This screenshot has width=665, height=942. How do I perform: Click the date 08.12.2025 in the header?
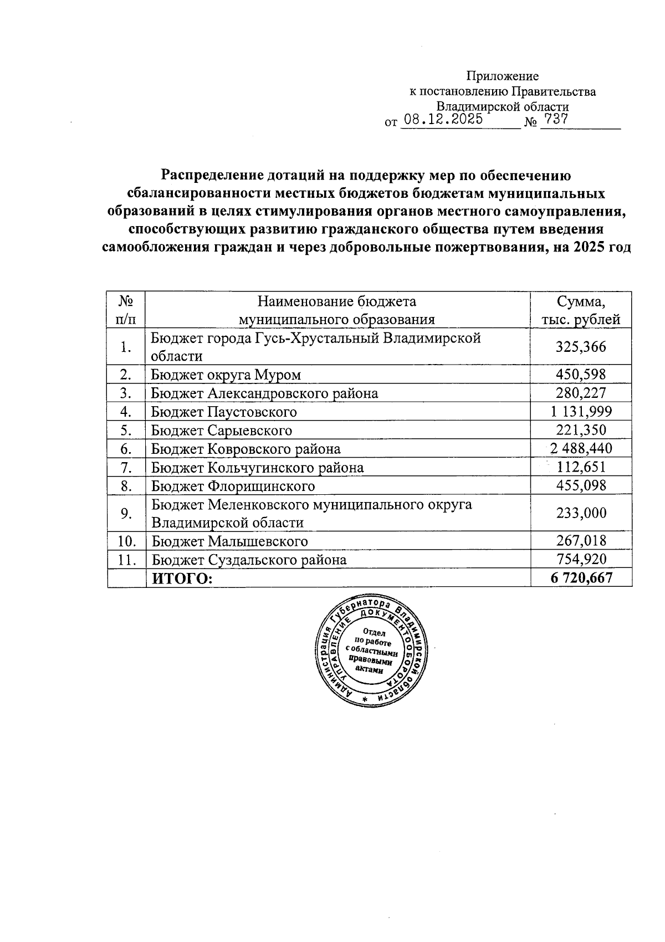(x=443, y=120)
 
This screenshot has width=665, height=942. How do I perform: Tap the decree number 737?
(x=556, y=119)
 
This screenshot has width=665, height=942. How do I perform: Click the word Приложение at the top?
(x=502, y=76)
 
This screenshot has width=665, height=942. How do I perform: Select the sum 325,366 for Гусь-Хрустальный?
(x=581, y=347)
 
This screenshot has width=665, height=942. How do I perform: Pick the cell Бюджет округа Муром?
(x=226, y=375)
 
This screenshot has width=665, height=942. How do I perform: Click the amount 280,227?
(x=581, y=393)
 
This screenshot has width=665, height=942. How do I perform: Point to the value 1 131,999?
(x=581, y=412)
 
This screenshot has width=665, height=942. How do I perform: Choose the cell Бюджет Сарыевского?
(x=222, y=431)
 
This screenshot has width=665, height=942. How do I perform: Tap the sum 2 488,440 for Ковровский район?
(x=581, y=449)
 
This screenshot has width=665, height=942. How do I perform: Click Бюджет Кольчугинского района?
(x=258, y=468)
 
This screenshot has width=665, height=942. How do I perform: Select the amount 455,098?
(x=581, y=486)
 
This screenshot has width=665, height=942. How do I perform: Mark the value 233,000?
(x=581, y=513)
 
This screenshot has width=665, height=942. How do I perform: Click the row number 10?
(x=126, y=541)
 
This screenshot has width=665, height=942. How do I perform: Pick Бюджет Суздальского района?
(x=249, y=560)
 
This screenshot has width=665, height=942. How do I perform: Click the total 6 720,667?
(x=581, y=578)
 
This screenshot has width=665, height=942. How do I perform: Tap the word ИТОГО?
(x=182, y=578)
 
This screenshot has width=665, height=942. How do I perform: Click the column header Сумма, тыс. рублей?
(x=581, y=310)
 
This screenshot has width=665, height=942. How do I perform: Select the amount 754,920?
(x=581, y=559)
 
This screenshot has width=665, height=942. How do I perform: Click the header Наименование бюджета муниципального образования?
(x=337, y=310)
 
